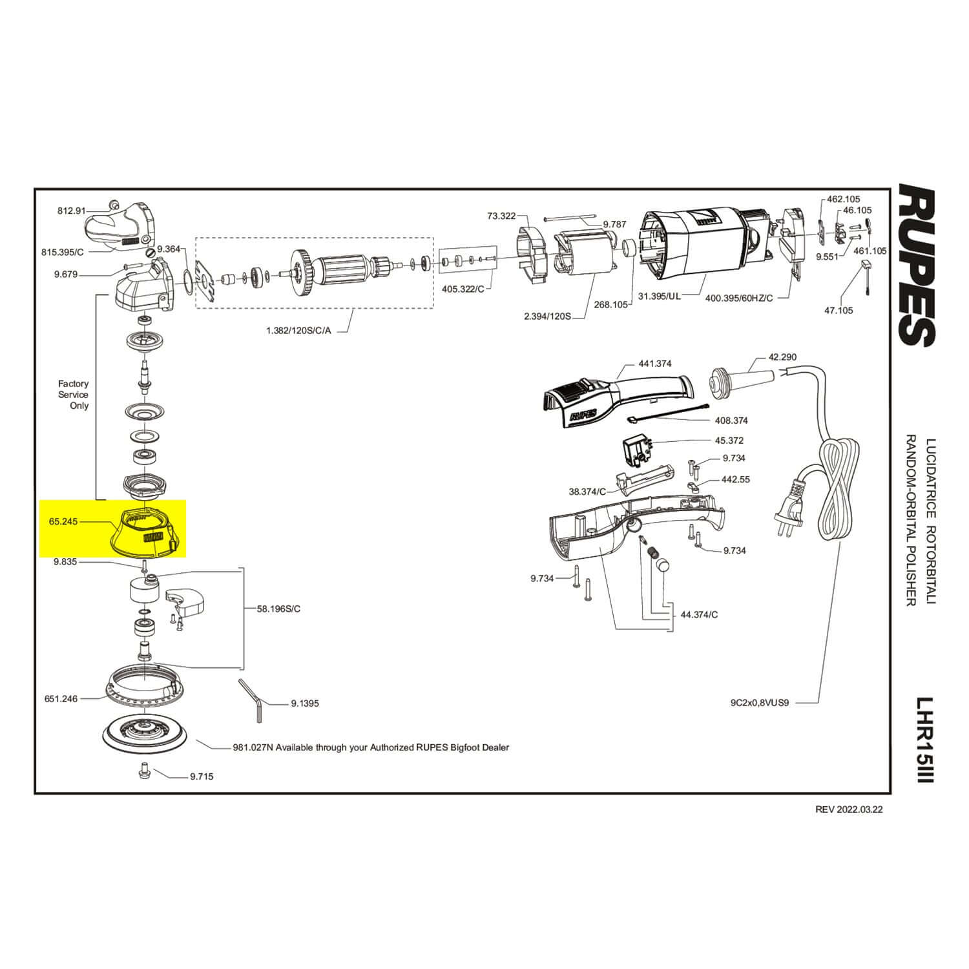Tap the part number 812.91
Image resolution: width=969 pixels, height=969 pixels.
(72, 211)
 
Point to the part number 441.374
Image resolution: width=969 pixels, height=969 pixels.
(654, 364)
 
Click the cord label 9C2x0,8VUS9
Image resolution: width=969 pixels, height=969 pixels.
(760, 703)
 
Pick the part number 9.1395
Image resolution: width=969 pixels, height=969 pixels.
(305, 703)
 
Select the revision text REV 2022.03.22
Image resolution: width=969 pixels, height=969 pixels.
(849, 809)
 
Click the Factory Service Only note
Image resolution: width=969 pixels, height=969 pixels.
(74, 395)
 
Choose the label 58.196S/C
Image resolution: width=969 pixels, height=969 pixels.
(278, 609)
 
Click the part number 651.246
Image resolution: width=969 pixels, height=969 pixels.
(61, 698)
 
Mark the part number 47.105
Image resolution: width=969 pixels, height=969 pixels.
(839, 310)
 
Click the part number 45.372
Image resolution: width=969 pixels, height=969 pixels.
(729, 441)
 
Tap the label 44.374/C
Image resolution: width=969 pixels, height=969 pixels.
(699, 614)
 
